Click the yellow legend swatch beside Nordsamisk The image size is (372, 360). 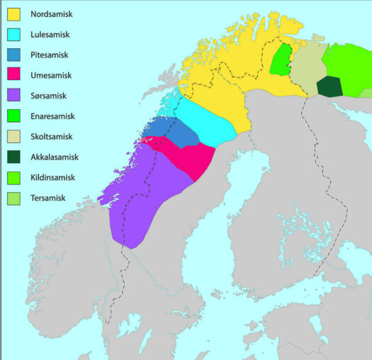13,13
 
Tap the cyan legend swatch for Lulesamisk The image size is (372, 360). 13,34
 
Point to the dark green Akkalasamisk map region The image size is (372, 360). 329,86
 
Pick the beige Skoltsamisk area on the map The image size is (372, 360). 307,64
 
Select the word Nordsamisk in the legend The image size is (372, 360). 52,13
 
